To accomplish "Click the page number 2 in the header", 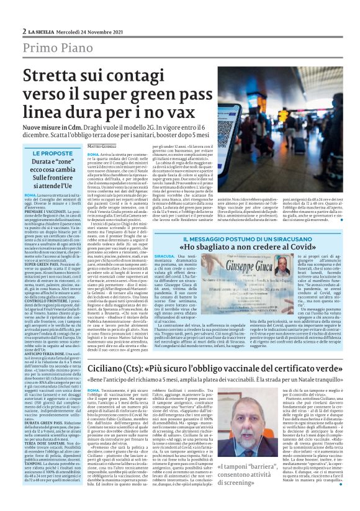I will click(24, 31).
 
